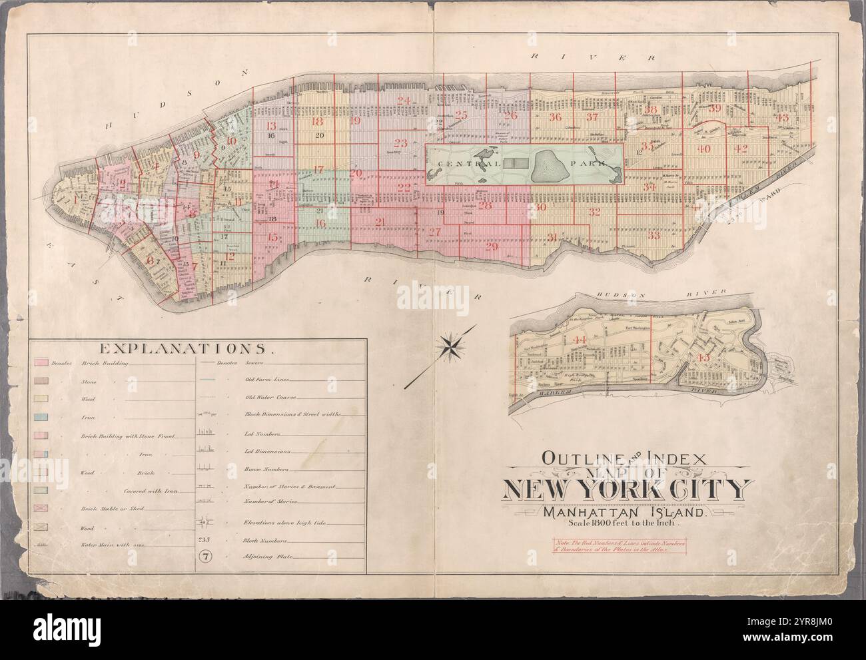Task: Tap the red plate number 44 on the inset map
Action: (579, 340)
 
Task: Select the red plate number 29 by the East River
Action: (492, 247)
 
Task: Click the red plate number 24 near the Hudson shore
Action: (403, 101)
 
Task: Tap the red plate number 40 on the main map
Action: (704, 149)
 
